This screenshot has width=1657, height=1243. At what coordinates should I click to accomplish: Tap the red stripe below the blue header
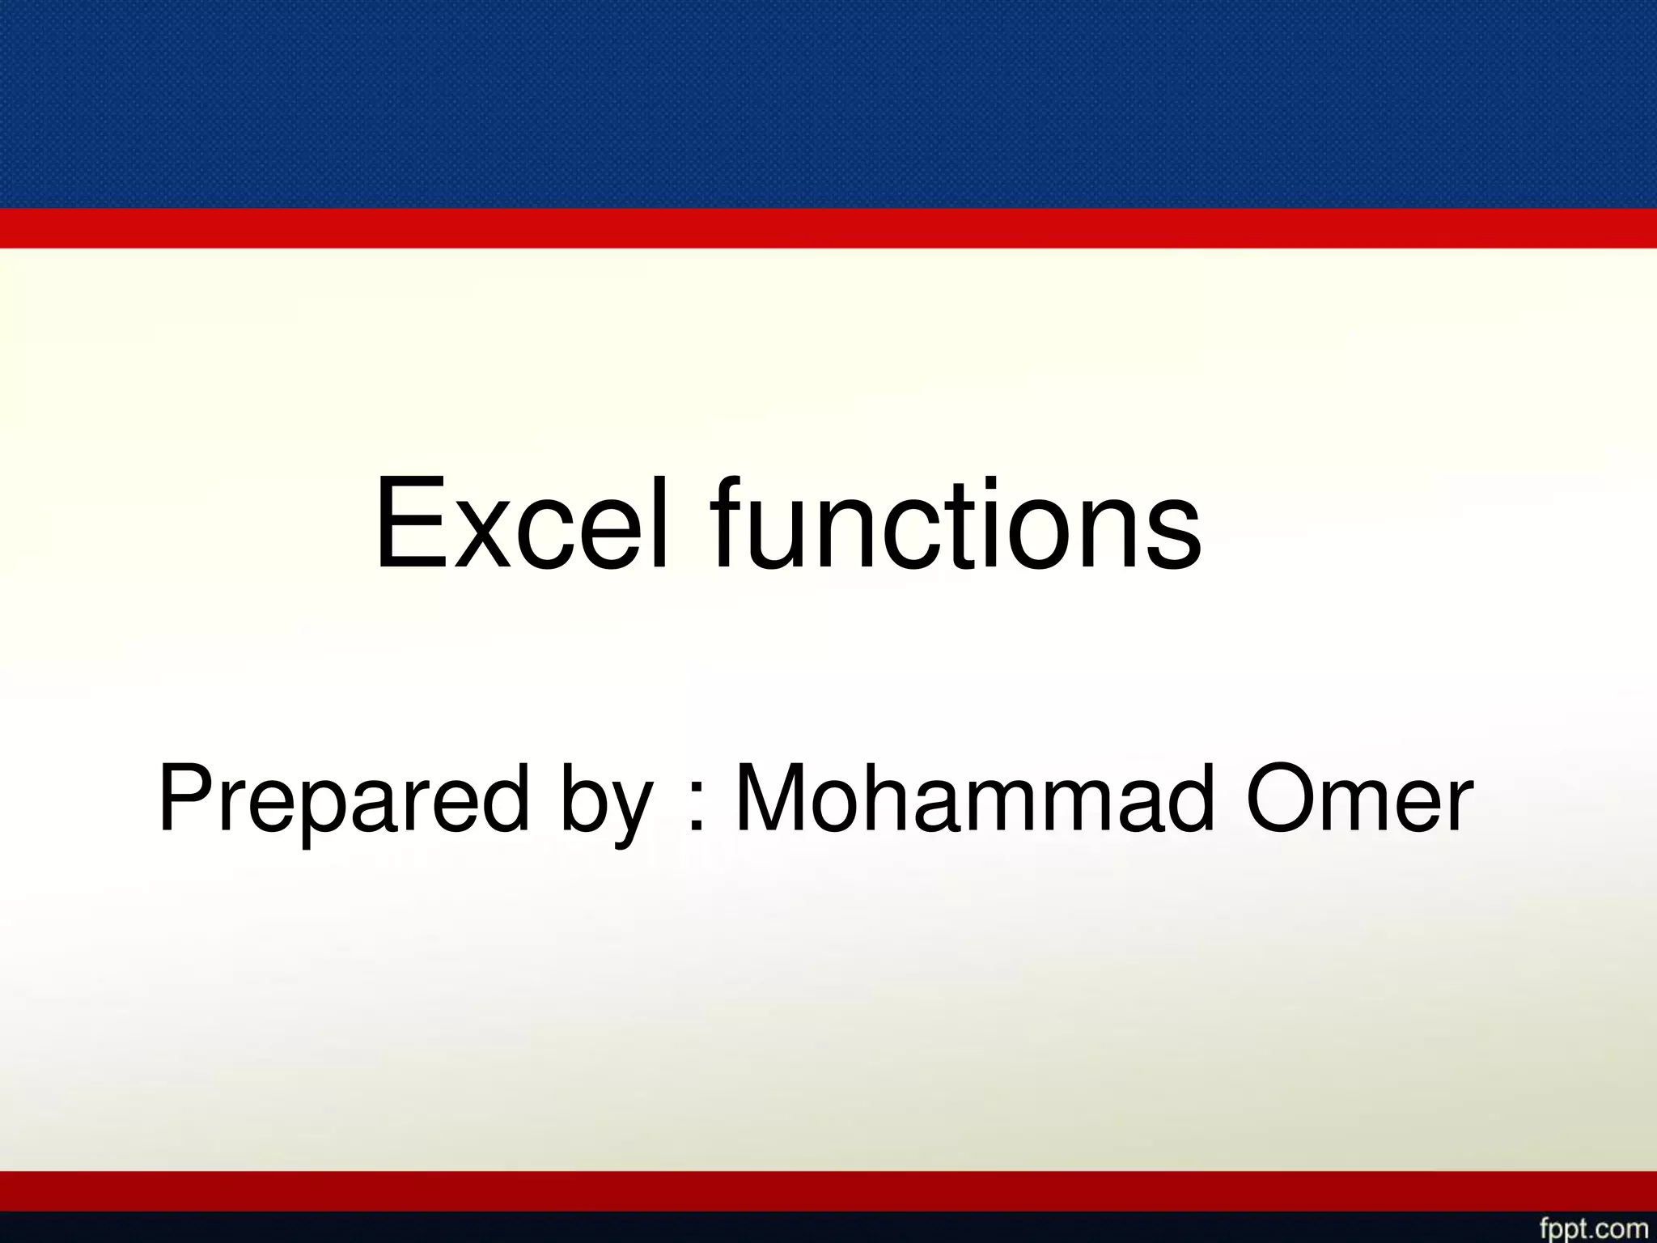[828, 228]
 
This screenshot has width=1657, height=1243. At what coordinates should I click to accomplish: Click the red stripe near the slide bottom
[828, 1191]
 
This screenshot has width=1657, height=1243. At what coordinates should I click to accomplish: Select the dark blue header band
[828, 104]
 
